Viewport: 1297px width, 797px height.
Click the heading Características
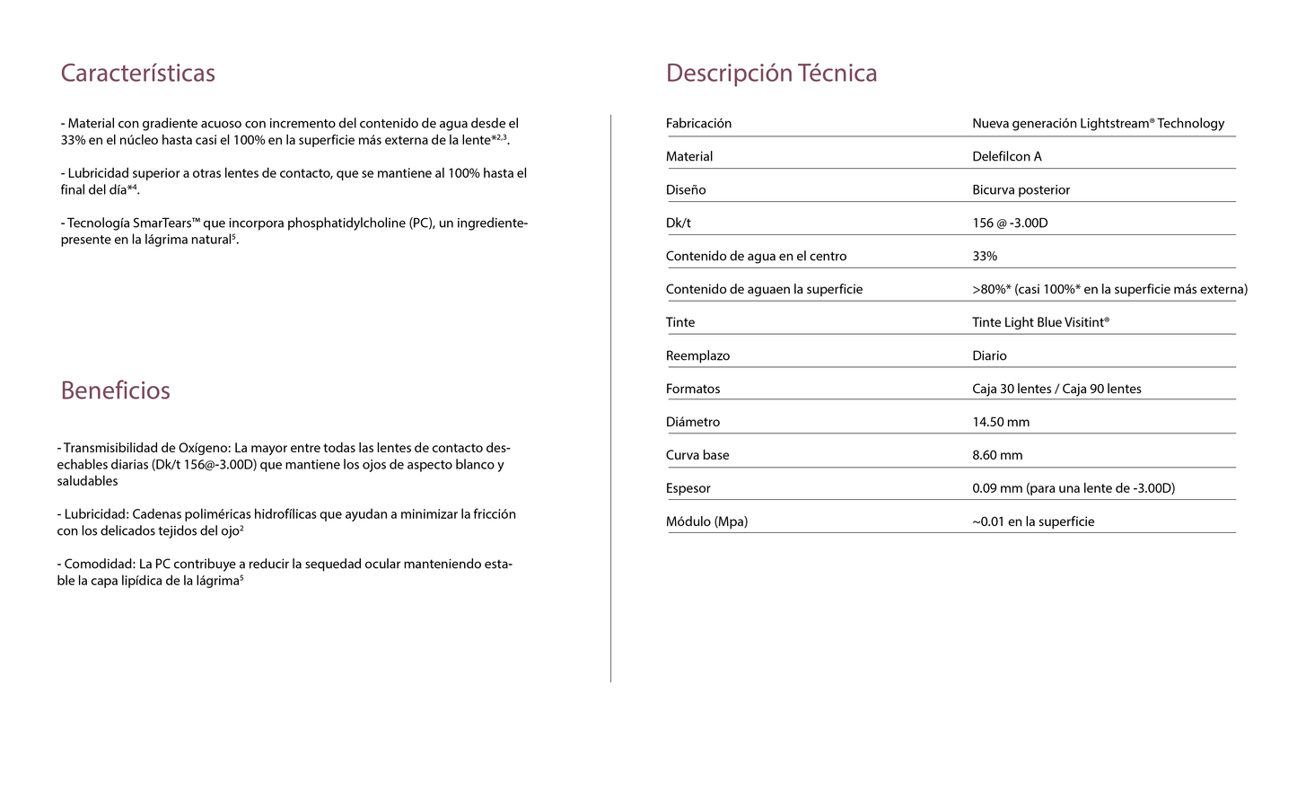[x=137, y=73]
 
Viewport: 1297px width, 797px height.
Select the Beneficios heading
[x=115, y=390]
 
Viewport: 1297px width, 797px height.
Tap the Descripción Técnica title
[x=771, y=73]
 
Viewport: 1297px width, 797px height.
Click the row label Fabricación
[x=698, y=124]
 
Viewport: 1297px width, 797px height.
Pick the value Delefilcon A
[x=1006, y=157]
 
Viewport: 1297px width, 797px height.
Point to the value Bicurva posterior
[x=1021, y=190]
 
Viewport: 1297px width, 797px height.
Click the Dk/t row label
[x=678, y=223]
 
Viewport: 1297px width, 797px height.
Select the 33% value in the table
[x=984, y=257]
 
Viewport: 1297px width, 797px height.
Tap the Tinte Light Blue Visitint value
[x=1040, y=323]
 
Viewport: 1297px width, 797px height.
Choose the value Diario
[x=989, y=356]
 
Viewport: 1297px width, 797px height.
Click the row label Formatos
[x=692, y=390]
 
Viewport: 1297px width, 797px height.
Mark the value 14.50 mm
[x=1001, y=423]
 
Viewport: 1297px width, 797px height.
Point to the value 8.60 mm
[x=997, y=456]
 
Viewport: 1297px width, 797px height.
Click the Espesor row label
[x=688, y=489]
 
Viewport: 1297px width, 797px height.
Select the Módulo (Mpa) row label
[x=706, y=522]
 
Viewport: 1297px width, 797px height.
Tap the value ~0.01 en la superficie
[x=1033, y=522]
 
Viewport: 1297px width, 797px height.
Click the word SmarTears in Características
[x=162, y=223]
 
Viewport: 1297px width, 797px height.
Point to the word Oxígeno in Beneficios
[x=204, y=448]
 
